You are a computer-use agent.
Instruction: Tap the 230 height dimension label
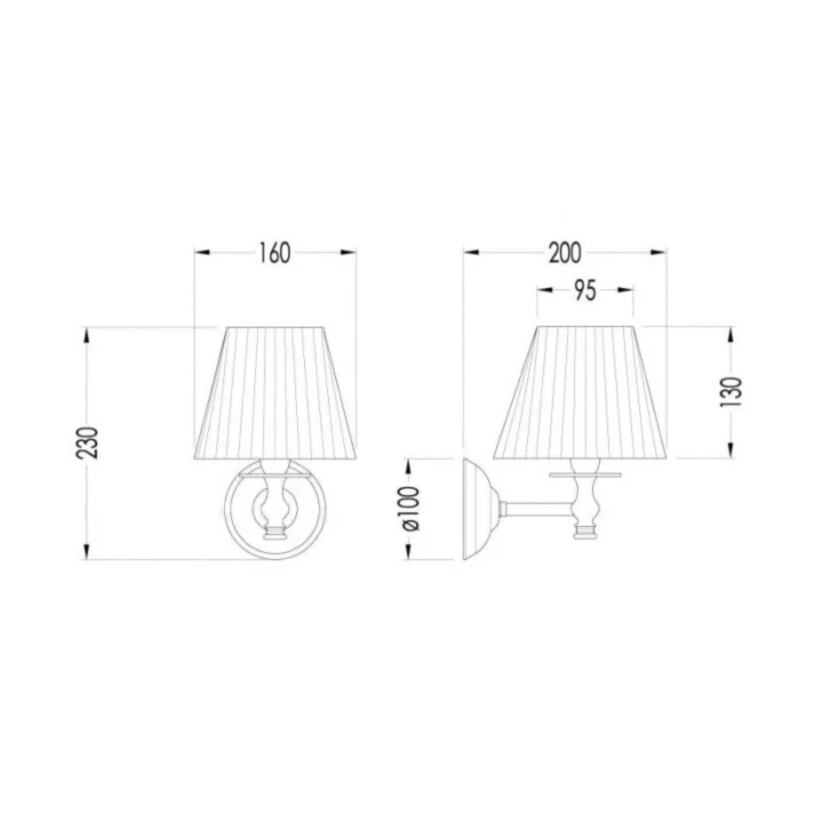[88, 443]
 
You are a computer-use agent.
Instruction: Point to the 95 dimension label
[585, 291]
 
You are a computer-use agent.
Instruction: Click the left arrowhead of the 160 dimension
[202, 253]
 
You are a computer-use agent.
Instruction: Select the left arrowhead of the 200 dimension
[471, 253]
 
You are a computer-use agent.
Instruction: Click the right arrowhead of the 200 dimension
[658, 253]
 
